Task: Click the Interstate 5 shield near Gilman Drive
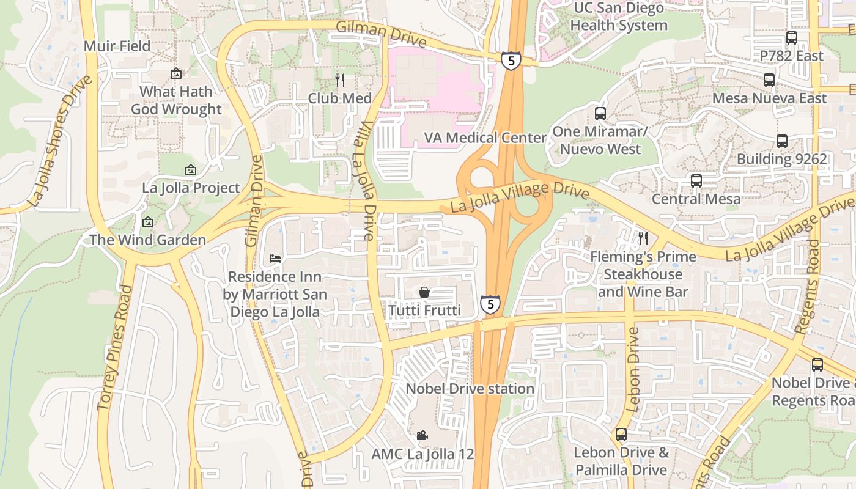tap(511, 60)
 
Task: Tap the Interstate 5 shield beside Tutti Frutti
tap(490, 304)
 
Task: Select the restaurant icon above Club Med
tap(340, 79)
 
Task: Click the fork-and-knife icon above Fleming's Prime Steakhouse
tap(643, 238)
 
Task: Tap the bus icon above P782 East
tap(792, 37)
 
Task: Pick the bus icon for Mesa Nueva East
tap(769, 79)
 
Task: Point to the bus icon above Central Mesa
tap(696, 180)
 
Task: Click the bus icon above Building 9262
tap(781, 141)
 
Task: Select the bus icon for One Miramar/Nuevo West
tap(600, 113)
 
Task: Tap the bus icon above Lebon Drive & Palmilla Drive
tap(621, 434)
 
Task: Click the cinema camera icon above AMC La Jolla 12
tap(422, 435)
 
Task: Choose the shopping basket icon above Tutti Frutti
tap(424, 292)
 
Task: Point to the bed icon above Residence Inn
tap(275, 259)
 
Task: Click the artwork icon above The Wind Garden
tap(147, 221)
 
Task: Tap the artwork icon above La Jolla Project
tap(191, 169)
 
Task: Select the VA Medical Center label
tap(485, 138)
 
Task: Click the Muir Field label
tap(117, 46)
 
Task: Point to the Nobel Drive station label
tap(470, 389)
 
